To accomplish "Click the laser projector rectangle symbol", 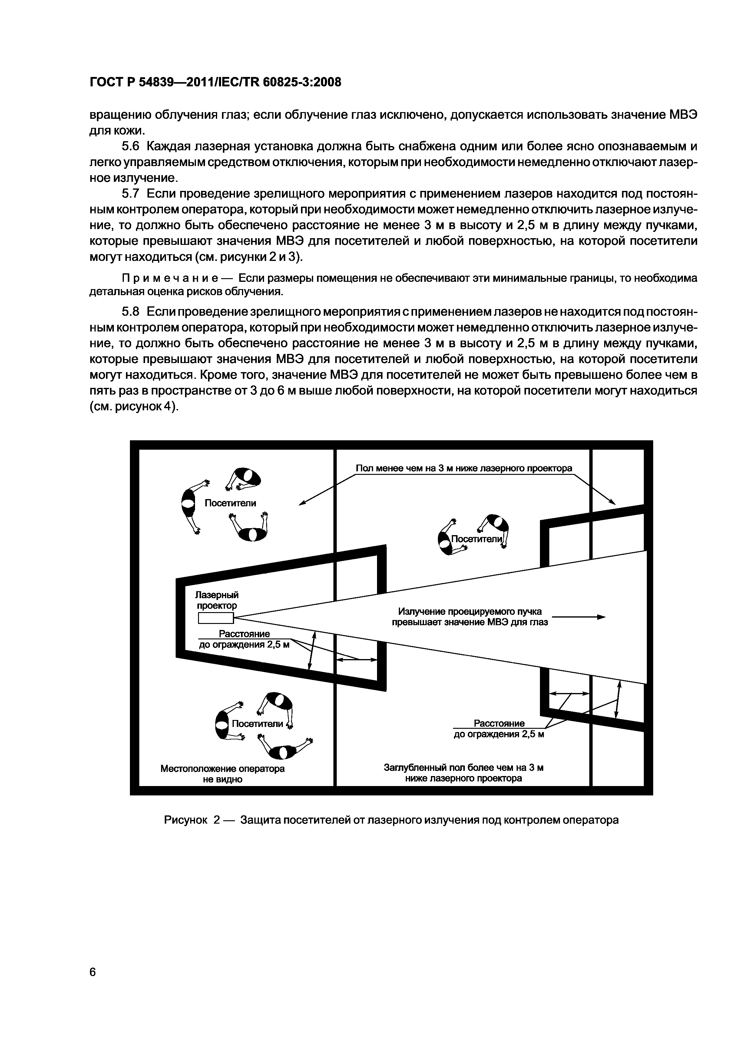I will tap(216, 618).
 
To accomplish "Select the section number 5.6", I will tap(130, 147).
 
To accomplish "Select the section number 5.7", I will tap(130, 194).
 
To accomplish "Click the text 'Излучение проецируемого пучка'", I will tap(470, 611).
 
